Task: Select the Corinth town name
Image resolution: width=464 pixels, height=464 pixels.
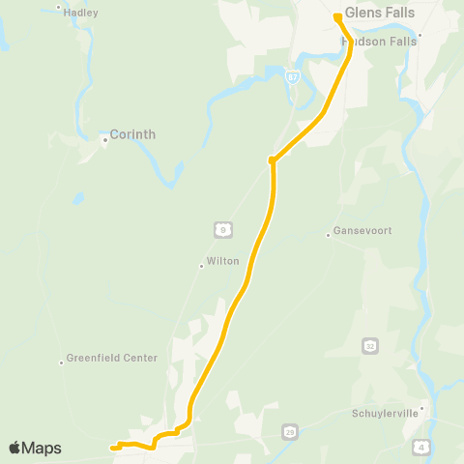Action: tap(132, 134)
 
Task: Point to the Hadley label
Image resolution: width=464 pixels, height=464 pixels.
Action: tap(80, 14)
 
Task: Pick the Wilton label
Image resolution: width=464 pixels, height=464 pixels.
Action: tap(221, 263)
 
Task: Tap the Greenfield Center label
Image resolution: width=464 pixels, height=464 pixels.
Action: tap(111, 358)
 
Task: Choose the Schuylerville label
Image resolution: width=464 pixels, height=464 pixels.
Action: tap(385, 413)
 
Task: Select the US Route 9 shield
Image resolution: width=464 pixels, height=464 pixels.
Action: tap(223, 228)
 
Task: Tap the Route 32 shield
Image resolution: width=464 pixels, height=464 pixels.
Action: tap(370, 344)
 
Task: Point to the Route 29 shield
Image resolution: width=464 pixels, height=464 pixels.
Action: tap(289, 430)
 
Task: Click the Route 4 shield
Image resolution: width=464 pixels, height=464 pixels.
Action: tap(420, 446)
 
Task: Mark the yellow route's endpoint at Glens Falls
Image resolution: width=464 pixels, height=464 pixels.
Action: tap(337, 16)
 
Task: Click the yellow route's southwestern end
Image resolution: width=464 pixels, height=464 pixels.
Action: tap(112, 448)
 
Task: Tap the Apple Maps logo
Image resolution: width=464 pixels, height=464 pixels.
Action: tap(35, 448)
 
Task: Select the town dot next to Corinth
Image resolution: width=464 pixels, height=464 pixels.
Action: tap(105, 140)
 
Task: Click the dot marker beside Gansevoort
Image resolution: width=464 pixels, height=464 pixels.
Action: tap(329, 233)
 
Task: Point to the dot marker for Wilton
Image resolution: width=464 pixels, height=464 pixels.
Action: tap(201, 264)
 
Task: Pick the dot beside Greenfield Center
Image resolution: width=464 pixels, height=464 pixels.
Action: tap(61, 359)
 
